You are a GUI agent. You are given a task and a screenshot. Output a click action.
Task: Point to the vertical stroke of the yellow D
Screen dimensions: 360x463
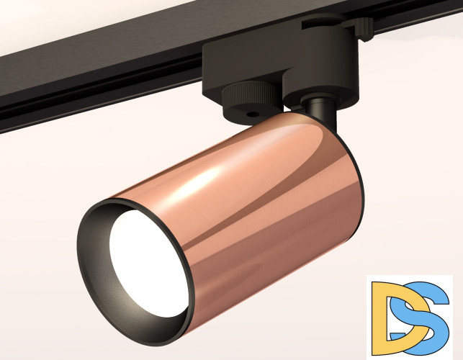379,317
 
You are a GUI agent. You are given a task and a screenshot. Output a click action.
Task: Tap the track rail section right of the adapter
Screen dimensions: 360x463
425,18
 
